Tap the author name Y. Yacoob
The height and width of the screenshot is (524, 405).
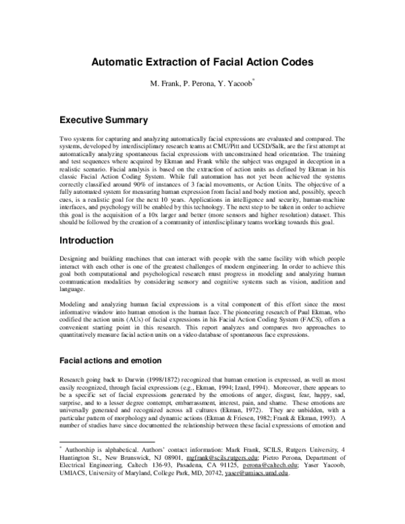click(233, 84)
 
